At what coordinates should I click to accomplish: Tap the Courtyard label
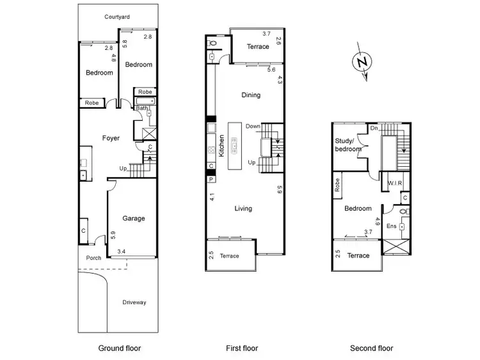click(x=117, y=17)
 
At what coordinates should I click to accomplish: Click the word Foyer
click(x=111, y=138)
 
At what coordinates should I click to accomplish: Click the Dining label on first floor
click(x=251, y=95)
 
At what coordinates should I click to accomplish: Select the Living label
click(x=243, y=208)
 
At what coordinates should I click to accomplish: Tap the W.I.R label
click(x=394, y=184)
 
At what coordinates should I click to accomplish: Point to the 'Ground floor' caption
click(x=119, y=348)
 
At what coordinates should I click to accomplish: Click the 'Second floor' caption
click(x=371, y=348)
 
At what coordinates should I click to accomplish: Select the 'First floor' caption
click(x=242, y=348)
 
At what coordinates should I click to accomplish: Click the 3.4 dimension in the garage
click(x=122, y=251)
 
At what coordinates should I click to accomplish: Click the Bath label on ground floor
click(x=141, y=108)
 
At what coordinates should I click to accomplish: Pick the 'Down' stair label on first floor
click(x=253, y=126)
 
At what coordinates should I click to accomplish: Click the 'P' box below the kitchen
click(x=211, y=178)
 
